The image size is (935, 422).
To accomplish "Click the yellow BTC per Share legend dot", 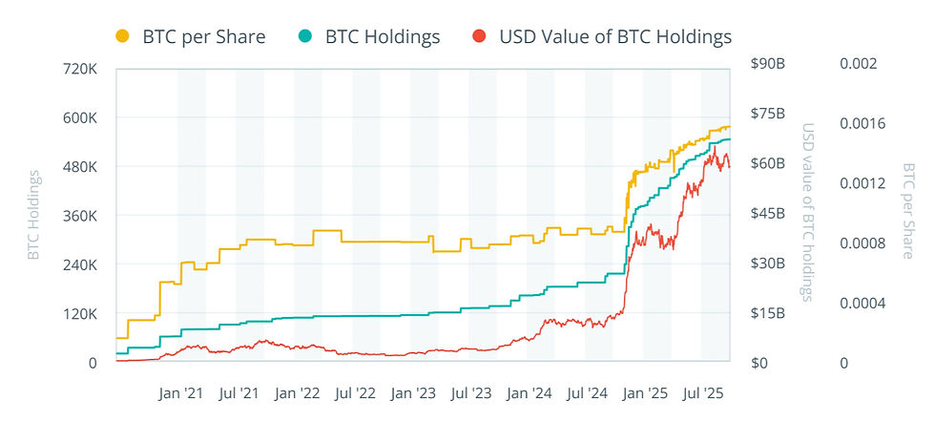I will pyautogui.click(x=122, y=37).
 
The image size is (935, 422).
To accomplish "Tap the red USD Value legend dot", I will pyautogui.click(x=480, y=37).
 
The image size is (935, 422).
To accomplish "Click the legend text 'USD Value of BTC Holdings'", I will pyautogui.click(x=615, y=37).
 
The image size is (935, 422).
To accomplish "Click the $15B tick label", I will pyautogui.click(x=768, y=313).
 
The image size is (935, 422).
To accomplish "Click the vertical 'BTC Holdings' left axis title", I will pyautogui.click(x=34, y=215).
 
